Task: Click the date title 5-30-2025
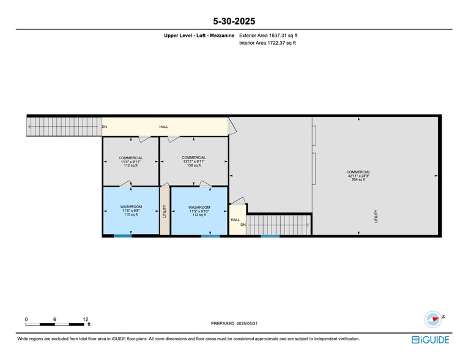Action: (234, 21)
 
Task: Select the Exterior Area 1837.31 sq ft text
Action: (268, 36)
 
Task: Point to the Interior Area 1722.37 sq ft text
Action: (267, 43)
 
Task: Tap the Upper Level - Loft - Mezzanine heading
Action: (199, 36)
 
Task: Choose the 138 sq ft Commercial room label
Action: (193, 162)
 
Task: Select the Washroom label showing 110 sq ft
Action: (131, 211)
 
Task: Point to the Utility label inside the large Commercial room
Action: (376, 216)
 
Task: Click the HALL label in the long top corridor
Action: (164, 127)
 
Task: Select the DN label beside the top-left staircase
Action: (105, 127)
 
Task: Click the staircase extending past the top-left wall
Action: (64, 127)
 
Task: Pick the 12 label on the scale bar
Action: (85, 319)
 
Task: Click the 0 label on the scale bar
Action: (26, 319)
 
